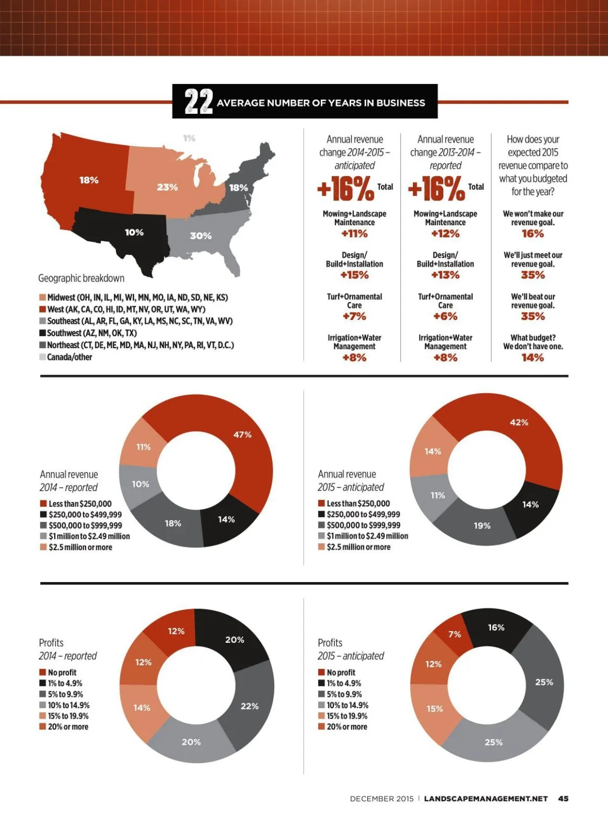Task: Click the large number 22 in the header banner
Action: [x=198, y=102]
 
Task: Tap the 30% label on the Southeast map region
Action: [x=201, y=236]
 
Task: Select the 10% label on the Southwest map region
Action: [x=134, y=232]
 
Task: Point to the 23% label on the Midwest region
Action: [x=167, y=187]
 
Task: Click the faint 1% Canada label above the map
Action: [x=189, y=138]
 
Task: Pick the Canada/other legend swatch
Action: [x=43, y=357]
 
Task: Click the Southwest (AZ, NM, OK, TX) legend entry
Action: [x=91, y=333]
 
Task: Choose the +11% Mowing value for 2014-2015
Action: [x=354, y=234]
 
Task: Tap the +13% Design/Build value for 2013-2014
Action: [x=445, y=275]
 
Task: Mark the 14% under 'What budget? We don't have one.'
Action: [x=533, y=358]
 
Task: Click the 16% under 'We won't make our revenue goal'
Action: [x=533, y=234]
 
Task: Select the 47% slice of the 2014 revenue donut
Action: [x=242, y=435]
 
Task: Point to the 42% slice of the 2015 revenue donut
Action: [x=519, y=423]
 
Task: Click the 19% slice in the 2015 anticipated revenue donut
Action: [x=482, y=526]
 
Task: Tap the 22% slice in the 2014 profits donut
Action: [x=249, y=706]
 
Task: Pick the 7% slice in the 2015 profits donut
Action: [x=454, y=634]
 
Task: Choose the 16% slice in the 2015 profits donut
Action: [x=496, y=628]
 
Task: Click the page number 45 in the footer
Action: [x=563, y=799]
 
